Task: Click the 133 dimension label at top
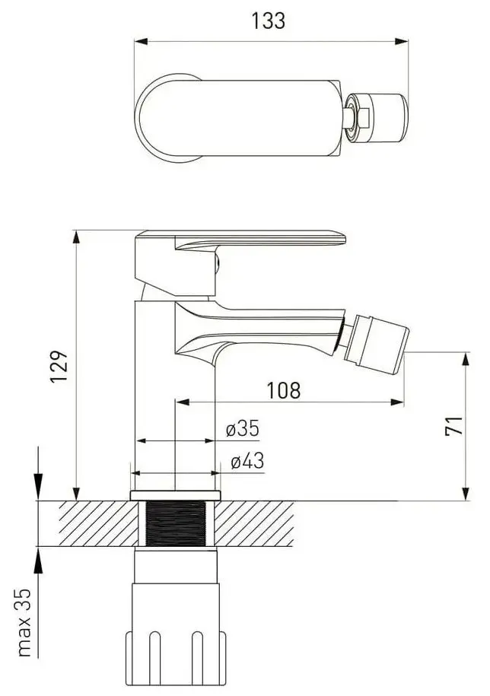click(x=268, y=21)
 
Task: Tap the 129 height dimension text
click(x=59, y=366)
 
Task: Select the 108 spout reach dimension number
click(x=283, y=390)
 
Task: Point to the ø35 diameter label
click(x=242, y=428)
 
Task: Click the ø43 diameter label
click(x=247, y=461)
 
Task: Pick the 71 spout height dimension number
click(x=453, y=426)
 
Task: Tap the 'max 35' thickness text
click(x=25, y=623)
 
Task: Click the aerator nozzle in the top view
click(x=377, y=118)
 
